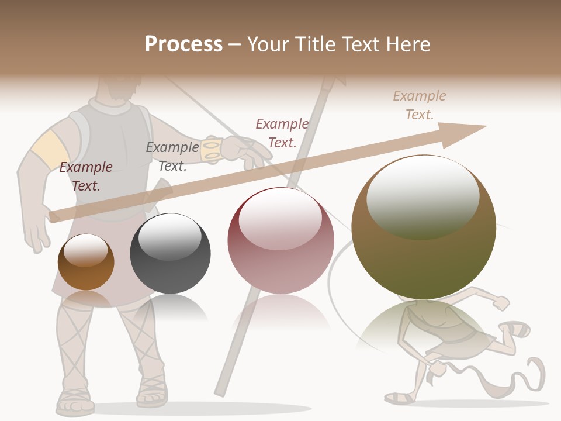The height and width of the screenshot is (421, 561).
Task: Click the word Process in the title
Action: [x=183, y=44]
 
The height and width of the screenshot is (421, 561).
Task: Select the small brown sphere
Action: [x=86, y=262]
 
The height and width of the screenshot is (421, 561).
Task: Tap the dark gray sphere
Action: [x=170, y=254]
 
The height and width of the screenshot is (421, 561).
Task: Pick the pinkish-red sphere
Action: [x=280, y=241]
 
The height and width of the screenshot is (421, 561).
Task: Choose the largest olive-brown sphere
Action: [x=424, y=227]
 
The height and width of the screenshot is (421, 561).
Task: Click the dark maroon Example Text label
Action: [x=86, y=176]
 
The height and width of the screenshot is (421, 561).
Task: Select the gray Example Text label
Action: [x=172, y=156]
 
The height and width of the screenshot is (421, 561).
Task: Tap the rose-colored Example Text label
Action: [x=282, y=133]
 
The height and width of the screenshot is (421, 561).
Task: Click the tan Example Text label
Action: [x=419, y=105]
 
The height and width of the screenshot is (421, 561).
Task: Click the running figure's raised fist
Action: [x=501, y=303]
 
